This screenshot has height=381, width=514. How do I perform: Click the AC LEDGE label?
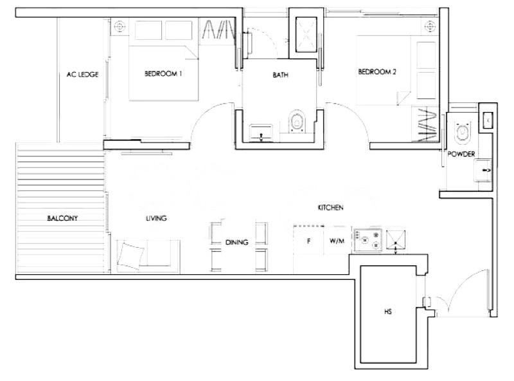(82, 75)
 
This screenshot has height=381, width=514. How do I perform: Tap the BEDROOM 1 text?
(163, 73)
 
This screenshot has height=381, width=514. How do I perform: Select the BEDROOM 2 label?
(377, 71)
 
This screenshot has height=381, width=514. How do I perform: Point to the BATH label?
(281, 75)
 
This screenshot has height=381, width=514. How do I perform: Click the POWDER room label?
(461, 154)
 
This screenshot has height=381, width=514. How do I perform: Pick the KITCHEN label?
(330, 208)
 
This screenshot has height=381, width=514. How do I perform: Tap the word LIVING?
(156, 218)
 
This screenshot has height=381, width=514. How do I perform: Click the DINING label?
(236, 243)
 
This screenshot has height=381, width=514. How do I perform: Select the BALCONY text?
(62, 218)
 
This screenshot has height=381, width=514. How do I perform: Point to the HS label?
(388, 311)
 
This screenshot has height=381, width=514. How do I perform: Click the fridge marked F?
(308, 241)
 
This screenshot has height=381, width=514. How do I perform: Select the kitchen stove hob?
(368, 240)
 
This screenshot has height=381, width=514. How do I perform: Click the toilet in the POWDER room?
(463, 133)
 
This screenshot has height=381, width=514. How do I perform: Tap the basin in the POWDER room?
(483, 170)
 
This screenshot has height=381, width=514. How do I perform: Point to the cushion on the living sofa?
(130, 256)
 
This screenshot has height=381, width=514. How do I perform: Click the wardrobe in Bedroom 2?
(425, 124)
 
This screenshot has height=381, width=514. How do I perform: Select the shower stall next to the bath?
(306, 35)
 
